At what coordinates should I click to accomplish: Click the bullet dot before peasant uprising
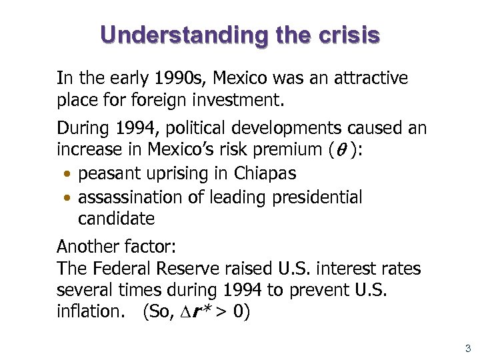tap(69, 175)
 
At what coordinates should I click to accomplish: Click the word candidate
tap(116, 218)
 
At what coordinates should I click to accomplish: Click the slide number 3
tap(468, 348)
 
